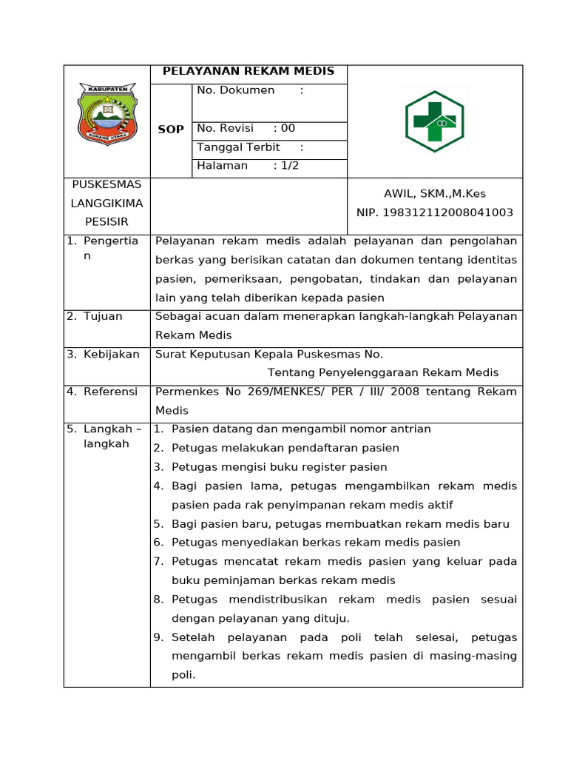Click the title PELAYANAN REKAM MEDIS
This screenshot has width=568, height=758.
click(x=248, y=72)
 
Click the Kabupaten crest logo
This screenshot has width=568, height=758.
click(x=108, y=113)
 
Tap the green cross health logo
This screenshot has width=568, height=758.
click(x=434, y=121)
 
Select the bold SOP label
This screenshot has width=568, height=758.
click(x=171, y=130)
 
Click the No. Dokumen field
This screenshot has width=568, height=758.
click(x=235, y=91)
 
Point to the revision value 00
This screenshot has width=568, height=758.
click(x=288, y=129)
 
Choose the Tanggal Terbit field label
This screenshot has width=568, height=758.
click(x=238, y=147)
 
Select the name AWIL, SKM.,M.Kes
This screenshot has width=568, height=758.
click(x=434, y=194)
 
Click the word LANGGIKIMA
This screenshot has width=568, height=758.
click(x=106, y=203)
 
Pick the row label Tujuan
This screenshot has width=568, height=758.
click(x=103, y=316)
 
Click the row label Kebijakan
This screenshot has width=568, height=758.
click(x=111, y=355)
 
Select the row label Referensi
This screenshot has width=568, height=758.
click(x=110, y=392)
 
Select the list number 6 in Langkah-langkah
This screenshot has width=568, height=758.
click(x=158, y=543)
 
